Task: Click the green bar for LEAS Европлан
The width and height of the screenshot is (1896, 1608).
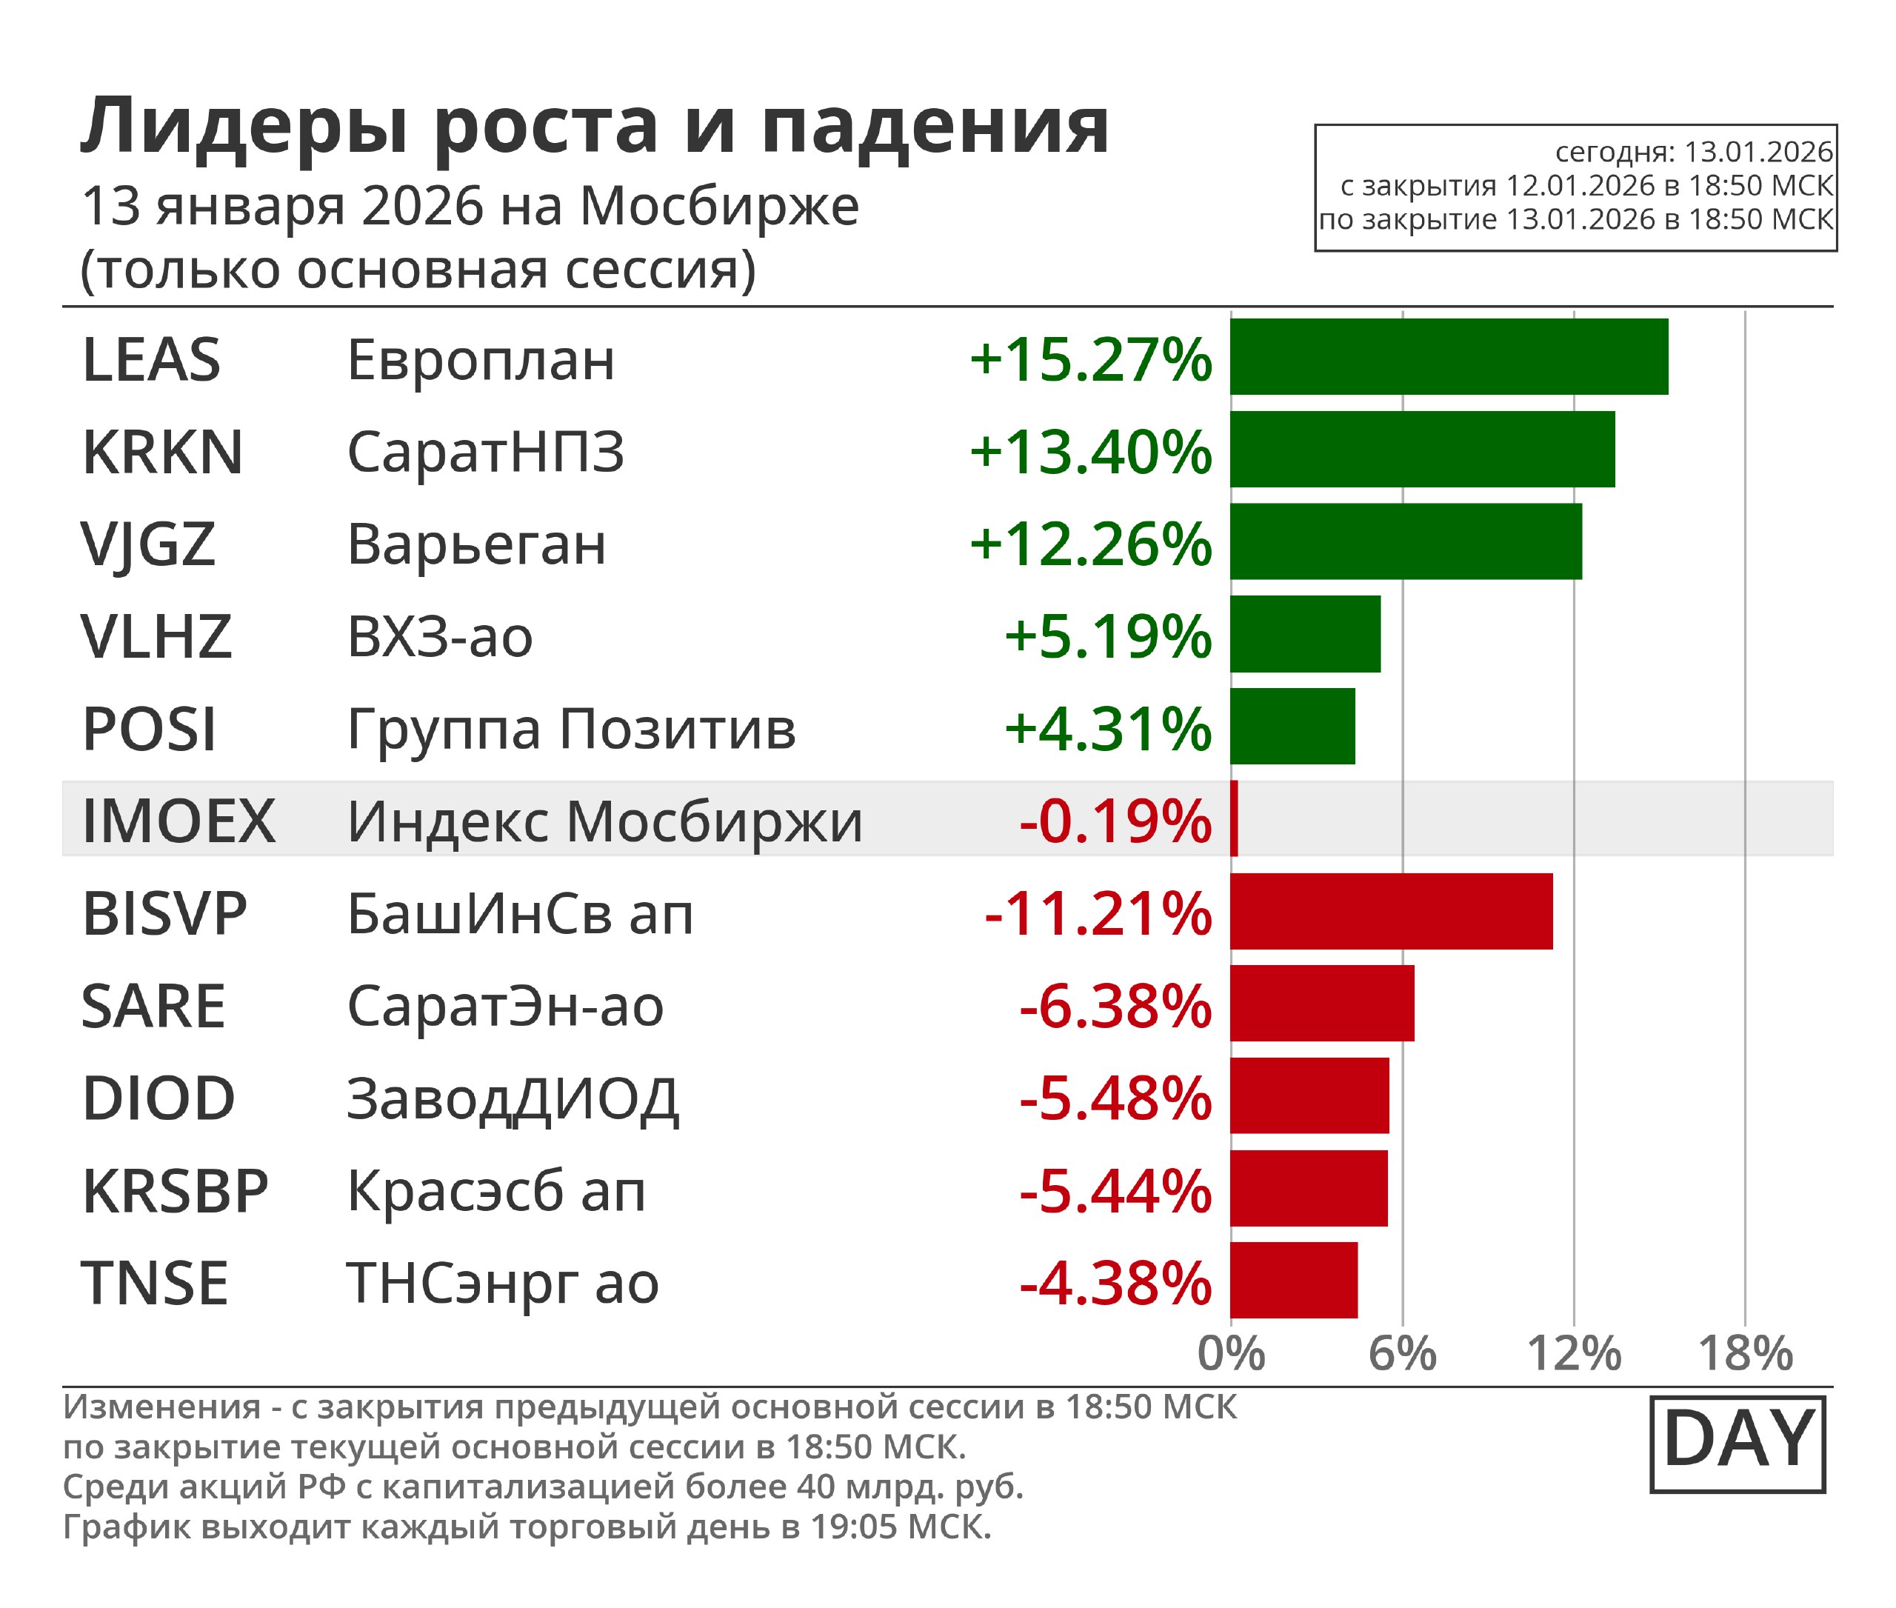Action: click(1449, 356)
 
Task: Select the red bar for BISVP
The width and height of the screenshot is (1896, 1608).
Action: click(1391, 912)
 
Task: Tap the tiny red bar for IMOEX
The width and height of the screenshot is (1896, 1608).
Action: click(1234, 818)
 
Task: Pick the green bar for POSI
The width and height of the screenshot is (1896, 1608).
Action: click(1292, 727)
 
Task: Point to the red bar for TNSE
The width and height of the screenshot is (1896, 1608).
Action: click(1293, 1280)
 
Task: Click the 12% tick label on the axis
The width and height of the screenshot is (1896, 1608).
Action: click(1575, 1354)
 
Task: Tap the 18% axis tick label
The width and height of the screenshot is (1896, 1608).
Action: click(1745, 1354)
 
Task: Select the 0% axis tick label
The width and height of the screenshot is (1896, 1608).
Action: click(1231, 1354)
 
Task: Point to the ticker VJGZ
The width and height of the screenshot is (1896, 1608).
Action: click(147, 544)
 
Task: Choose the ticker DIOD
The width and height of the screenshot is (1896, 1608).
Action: click(158, 1098)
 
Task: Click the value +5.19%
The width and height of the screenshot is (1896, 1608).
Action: click(1107, 636)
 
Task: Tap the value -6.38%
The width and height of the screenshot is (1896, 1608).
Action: click(1115, 1007)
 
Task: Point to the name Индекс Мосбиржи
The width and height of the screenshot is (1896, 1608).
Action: click(604, 821)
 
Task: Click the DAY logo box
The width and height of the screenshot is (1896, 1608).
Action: click(1738, 1444)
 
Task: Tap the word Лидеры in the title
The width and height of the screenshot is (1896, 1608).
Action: click(244, 127)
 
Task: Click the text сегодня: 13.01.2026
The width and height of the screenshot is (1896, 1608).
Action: click(1693, 151)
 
